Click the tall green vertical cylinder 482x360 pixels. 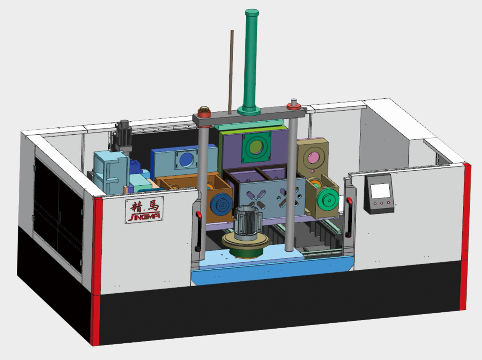click(251, 62)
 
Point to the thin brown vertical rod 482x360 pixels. click(231, 72)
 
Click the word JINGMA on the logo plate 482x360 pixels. click(145, 216)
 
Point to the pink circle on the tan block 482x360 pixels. click(314, 158)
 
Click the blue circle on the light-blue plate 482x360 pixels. click(187, 160)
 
